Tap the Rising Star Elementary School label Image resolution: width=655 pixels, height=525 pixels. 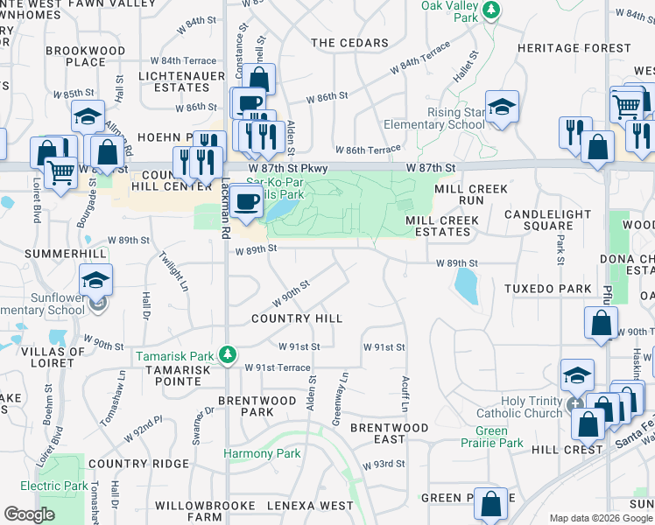(455, 118)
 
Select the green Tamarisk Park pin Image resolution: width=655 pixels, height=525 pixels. (228, 354)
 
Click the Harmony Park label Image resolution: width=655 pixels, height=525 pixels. (262, 453)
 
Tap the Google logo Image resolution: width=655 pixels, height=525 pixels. (29, 514)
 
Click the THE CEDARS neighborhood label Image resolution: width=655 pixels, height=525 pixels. (349, 43)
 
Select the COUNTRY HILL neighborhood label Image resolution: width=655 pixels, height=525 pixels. (297, 318)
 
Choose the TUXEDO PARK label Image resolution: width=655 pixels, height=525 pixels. (548, 289)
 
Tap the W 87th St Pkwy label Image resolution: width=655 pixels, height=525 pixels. (286, 166)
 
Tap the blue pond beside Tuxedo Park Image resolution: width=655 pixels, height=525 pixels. (466, 285)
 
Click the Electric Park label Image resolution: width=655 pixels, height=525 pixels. (53, 486)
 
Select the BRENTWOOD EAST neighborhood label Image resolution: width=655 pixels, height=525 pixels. (390, 434)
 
